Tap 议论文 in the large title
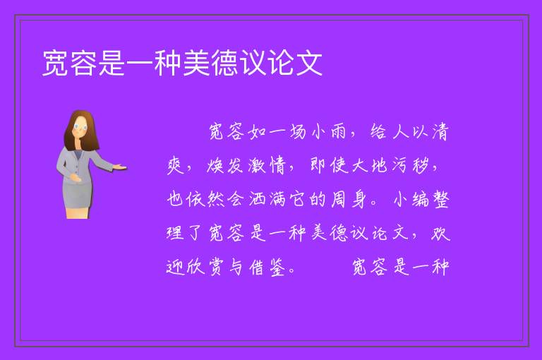[282, 63]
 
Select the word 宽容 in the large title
[70, 63]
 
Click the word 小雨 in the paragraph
[328, 132]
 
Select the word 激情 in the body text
[267, 165]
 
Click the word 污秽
[410, 165]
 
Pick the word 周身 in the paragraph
[349, 199]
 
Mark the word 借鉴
[267, 267]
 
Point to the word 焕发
[225, 165]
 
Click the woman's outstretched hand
[120, 167]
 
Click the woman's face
[80, 127]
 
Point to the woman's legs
[78, 212]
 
